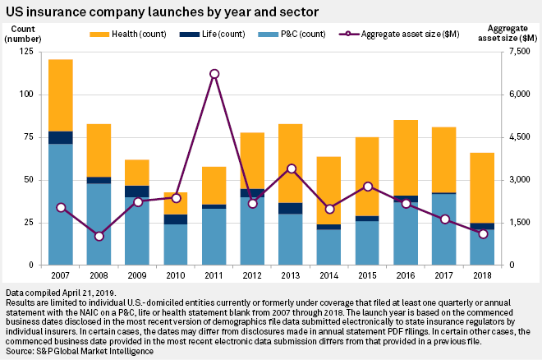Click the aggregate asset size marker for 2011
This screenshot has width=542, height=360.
pyautogui.click(x=214, y=74)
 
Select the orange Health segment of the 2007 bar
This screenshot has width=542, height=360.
pyautogui.click(x=61, y=95)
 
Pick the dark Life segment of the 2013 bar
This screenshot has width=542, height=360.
pyautogui.click(x=291, y=208)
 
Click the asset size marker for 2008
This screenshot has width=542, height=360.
pyautogui.click(x=99, y=237)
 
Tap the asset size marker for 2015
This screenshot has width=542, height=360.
pyautogui.click(x=368, y=187)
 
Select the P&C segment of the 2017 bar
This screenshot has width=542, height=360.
pyautogui.click(x=444, y=229)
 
